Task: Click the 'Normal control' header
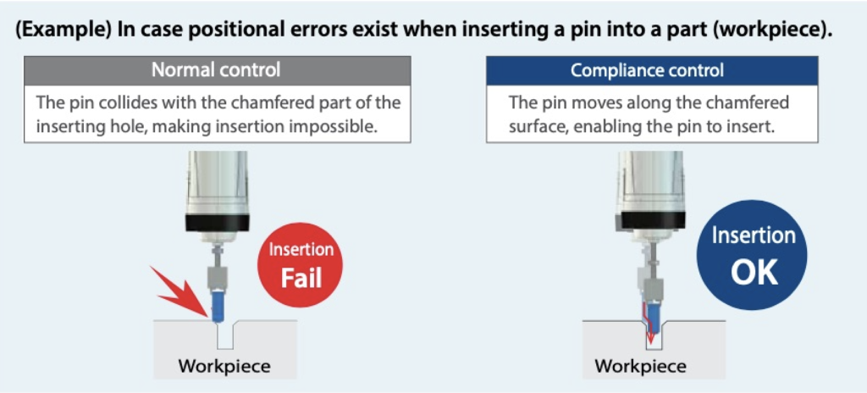[216, 69]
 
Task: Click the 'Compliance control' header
[651, 69]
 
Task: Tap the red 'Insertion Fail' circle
[301, 264]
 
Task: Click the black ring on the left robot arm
[217, 222]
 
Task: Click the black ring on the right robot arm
[648, 222]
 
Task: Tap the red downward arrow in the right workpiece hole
[649, 334]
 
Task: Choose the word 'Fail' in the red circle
[301, 276]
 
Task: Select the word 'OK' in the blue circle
[753, 271]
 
